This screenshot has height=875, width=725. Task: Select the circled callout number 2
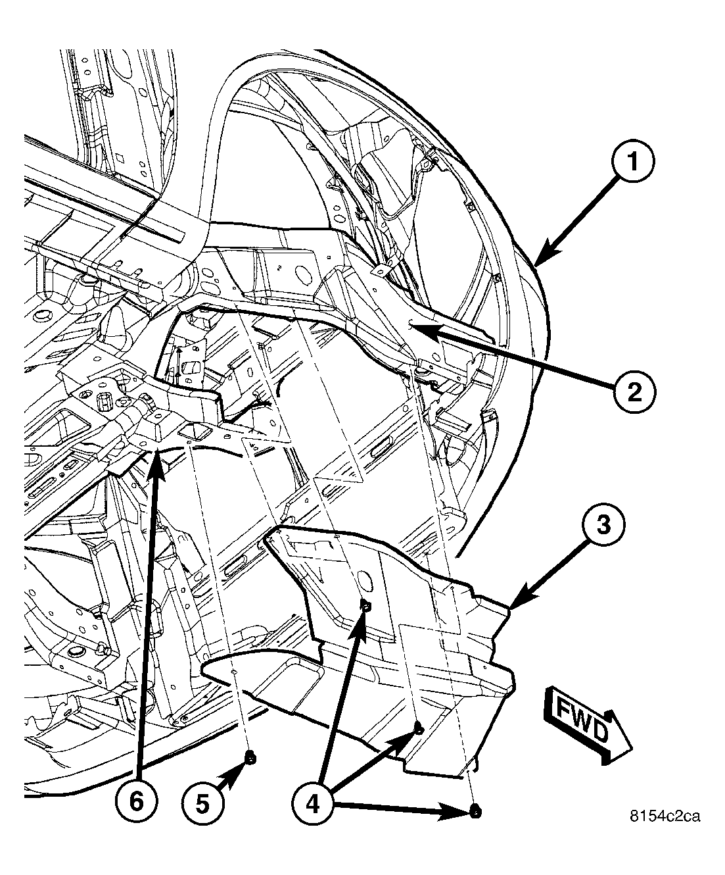[633, 393]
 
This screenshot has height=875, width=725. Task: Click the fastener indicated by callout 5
[250, 759]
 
